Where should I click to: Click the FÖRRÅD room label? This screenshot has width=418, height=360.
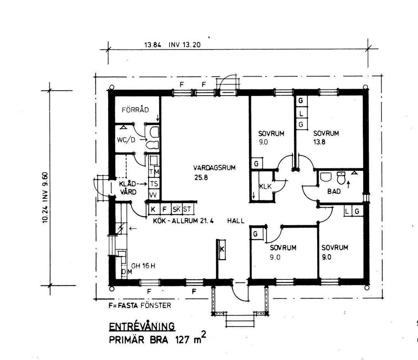pos(135,110)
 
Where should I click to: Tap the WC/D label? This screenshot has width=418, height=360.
pos(126,140)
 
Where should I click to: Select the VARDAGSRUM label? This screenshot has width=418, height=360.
pos(214,168)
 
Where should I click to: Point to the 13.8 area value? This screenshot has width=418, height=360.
pos(319,142)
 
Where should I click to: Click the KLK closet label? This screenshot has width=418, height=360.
pos(265,186)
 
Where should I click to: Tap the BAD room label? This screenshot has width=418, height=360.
pos(334,191)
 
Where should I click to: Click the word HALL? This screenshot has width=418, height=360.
pos(236,221)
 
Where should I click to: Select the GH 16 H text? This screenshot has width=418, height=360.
pos(143,266)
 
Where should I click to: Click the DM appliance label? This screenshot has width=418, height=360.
pos(127,272)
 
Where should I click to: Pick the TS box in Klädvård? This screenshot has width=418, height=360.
pos(154,183)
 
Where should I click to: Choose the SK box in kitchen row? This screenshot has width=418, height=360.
pos(176,209)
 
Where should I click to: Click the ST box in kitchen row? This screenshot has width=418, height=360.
pos(187,209)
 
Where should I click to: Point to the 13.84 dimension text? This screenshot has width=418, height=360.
pos(153,45)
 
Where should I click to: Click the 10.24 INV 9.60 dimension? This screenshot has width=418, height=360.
pos(45,197)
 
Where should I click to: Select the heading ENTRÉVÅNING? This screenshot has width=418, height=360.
pos(142,326)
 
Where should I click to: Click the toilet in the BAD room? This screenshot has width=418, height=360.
pos(341,178)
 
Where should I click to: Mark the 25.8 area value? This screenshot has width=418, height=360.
pos(201,177)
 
